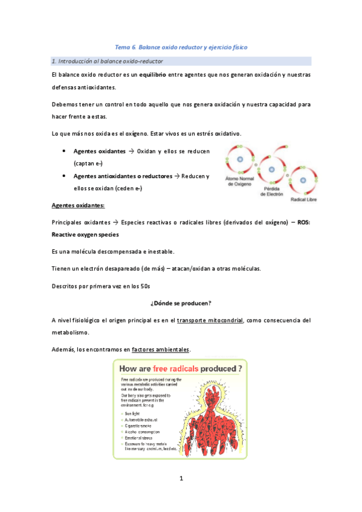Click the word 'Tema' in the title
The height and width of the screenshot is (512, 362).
click(123, 46)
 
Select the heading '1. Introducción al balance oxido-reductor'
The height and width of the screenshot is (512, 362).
click(108, 61)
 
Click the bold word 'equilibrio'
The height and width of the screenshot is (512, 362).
click(160, 75)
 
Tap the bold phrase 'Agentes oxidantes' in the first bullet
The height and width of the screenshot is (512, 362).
click(99, 150)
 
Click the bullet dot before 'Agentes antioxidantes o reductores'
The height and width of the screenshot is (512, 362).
click(64, 176)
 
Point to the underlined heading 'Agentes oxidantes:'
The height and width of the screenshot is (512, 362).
click(79, 205)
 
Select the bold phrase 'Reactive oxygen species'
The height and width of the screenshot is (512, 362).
click(86, 234)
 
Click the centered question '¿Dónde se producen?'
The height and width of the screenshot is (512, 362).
click(181, 302)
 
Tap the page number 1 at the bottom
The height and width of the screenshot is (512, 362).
click(181, 479)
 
